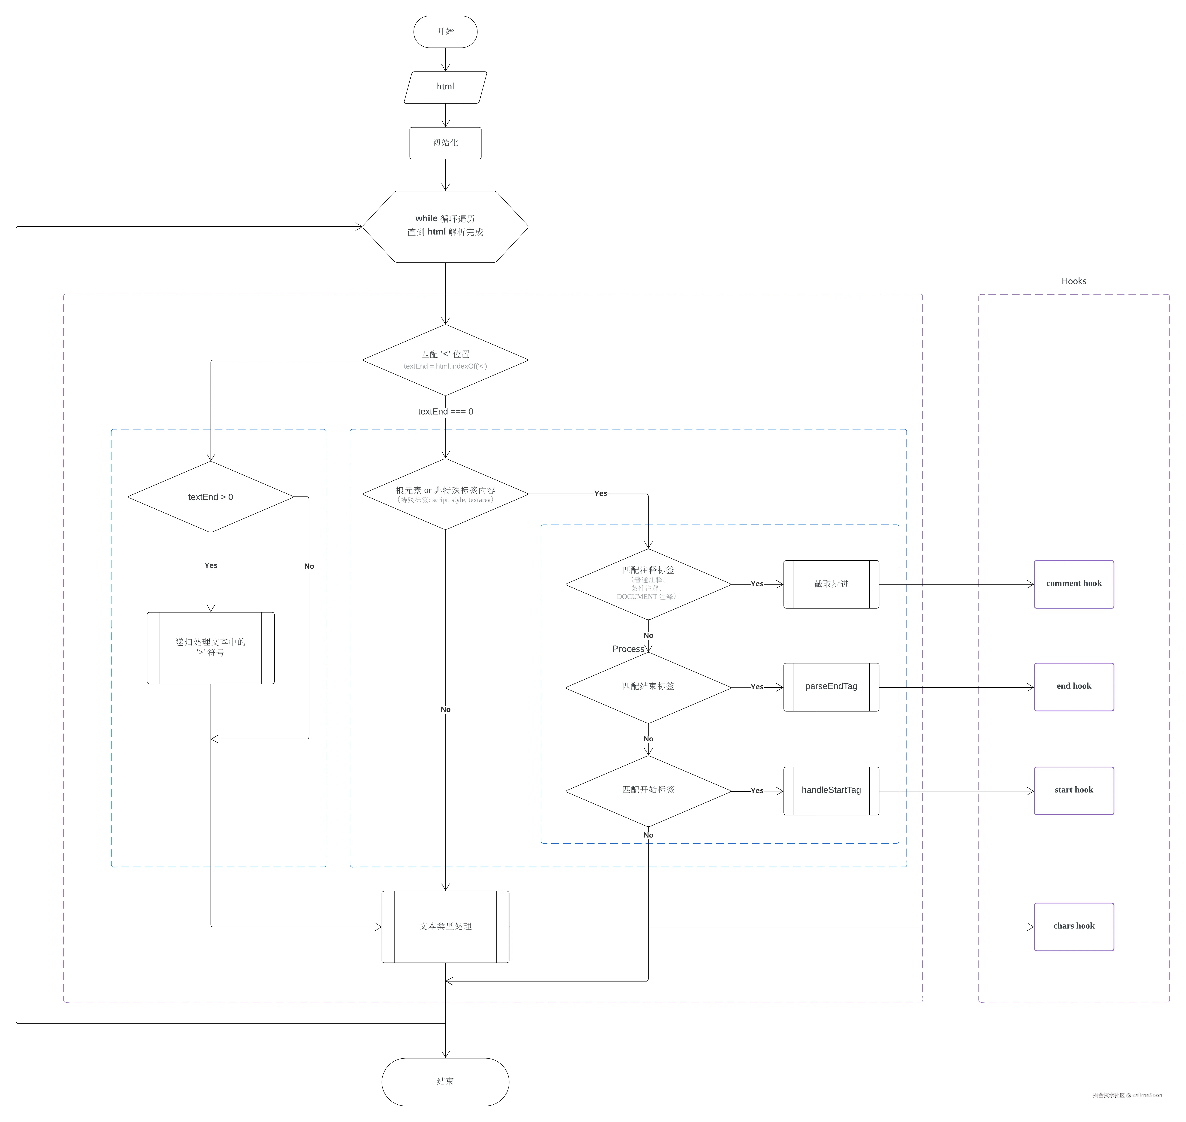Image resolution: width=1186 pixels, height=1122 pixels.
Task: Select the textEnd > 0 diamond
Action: click(x=211, y=497)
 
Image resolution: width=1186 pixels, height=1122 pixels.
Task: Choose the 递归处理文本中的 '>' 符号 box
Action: click(x=211, y=648)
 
